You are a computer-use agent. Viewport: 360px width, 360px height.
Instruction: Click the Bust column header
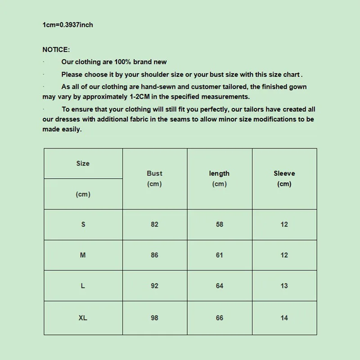tap(154, 174)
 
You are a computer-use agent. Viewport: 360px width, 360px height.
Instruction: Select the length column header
tap(219, 174)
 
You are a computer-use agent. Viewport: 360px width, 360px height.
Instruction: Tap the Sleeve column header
tap(284, 174)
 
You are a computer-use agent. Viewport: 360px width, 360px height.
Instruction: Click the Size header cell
tap(83, 164)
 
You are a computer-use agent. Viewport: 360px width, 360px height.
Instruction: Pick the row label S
tap(83, 224)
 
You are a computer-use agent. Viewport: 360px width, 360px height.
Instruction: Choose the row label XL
tap(83, 318)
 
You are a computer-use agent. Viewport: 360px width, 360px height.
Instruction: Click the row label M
tap(83, 255)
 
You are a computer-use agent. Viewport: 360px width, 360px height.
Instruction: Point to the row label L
tap(83, 286)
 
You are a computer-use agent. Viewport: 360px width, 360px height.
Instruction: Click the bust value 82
tap(155, 224)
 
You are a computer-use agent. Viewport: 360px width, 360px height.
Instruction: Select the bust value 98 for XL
tap(155, 318)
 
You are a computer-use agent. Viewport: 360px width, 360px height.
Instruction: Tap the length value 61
tap(220, 255)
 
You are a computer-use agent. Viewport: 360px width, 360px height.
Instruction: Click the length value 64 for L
tap(220, 286)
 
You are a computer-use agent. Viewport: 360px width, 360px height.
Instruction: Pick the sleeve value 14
tap(284, 318)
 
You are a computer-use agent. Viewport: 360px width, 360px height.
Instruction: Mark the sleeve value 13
tap(284, 286)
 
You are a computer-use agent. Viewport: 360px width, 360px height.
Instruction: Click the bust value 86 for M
tap(155, 255)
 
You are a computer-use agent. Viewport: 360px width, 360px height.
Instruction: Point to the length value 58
tap(220, 224)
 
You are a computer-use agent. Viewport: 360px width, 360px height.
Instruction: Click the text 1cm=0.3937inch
tap(68, 25)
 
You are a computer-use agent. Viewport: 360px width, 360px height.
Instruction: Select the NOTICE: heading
tap(56, 49)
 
